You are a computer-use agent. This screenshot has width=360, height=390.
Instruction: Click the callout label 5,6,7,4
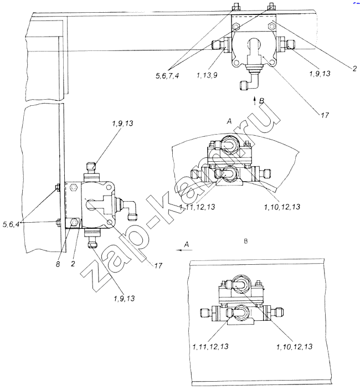pyautogui.click(x=167, y=75)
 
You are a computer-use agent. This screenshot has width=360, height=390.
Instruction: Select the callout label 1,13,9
pyautogui.click(x=207, y=75)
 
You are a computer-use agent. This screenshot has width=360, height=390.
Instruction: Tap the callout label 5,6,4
pyautogui.click(x=11, y=224)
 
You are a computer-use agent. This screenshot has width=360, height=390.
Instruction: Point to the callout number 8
pyautogui.click(x=58, y=264)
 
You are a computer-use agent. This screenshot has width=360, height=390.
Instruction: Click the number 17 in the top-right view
pyautogui.click(x=325, y=115)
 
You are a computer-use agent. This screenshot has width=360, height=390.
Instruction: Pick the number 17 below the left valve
pyautogui.click(x=158, y=266)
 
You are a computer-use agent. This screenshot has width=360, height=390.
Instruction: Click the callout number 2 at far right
pyautogui.click(x=354, y=68)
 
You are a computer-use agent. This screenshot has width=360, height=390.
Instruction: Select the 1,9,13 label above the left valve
pyautogui.click(x=122, y=123)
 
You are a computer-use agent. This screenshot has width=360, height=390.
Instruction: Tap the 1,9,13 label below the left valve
pyautogui.click(x=124, y=298)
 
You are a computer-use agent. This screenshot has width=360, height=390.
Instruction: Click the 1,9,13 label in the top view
pyautogui.click(x=320, y=73)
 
